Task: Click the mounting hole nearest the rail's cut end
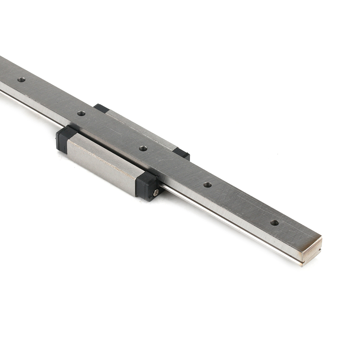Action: coord(274,222)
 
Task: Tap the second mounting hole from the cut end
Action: coord(207,184)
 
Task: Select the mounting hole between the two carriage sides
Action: coord(143,148)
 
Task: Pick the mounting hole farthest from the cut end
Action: coord(21,80)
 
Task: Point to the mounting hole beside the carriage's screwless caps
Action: coord(81,113)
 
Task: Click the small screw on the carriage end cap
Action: coord(156,193)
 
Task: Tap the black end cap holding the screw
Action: coord(147,185)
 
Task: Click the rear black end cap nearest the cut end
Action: coord(181,153)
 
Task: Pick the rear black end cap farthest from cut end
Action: coord(101,108)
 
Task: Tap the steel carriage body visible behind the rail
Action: coord(139,128)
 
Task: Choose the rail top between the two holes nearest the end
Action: coord(241,203)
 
